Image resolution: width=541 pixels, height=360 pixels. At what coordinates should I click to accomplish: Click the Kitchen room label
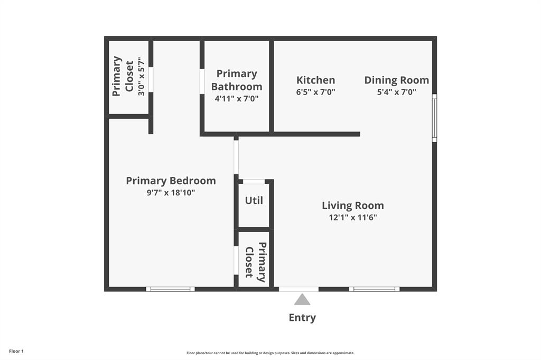315,80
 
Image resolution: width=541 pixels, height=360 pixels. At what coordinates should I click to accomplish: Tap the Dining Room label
396,80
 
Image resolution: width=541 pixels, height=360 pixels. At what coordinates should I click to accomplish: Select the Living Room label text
352,205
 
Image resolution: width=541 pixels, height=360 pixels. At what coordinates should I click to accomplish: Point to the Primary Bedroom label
171,181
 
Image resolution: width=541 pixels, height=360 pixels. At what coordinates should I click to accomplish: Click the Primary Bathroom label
236,80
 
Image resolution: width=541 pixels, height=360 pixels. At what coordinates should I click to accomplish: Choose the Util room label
254,201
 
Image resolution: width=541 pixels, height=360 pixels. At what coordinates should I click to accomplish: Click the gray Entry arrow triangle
302,300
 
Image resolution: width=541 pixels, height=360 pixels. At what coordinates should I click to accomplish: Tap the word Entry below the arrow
302,318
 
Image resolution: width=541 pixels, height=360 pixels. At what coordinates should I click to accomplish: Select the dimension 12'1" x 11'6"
352,217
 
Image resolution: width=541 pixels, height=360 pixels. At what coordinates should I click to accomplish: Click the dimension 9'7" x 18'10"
171,193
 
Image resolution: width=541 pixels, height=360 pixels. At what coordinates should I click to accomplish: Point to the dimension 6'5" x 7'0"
315,92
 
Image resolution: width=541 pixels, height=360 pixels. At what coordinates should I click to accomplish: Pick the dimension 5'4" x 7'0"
396,92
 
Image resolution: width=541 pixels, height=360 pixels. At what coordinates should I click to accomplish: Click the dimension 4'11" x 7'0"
236,99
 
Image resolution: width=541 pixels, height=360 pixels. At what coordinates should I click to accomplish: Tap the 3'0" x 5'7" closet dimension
141,77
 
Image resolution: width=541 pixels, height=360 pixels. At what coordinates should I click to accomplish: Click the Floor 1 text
16,351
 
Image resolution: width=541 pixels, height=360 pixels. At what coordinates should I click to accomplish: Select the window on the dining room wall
434,118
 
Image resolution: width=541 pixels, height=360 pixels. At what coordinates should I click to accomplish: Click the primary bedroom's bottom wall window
170,289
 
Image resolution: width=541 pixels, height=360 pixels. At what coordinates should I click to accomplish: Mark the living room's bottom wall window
374,289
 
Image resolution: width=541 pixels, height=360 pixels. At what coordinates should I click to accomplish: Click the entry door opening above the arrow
299,289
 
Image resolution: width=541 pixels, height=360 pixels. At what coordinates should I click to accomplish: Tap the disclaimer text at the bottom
270,353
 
